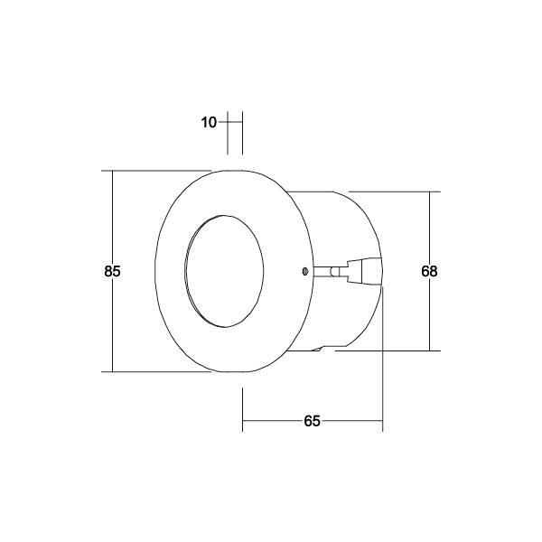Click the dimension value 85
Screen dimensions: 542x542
click(x=112, y=271)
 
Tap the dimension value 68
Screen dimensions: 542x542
click(x=429, y=271)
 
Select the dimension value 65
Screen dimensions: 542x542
click(x=313, y=421)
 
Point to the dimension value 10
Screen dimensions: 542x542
click(x=209, y=122)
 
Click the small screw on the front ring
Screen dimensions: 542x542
click(x=304, y=271)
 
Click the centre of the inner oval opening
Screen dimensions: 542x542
click(x=224, y=271)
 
